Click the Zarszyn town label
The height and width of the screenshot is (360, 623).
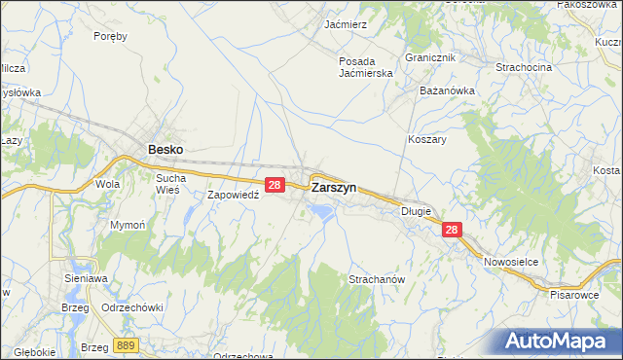click(x=333, y=186)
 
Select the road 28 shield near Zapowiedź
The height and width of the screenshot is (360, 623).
click(x=275, y=184)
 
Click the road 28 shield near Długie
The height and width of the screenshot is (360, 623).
click(x=451, y=230)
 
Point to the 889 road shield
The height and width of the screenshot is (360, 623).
click(x=124, y=344)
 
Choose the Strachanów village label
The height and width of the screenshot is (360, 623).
click(x=376, y=279)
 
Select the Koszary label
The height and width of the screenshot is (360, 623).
click(x=427, y=139)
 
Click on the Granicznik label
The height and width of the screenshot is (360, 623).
click(x=430, y=57)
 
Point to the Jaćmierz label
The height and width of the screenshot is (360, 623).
click(x=345, y=23)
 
